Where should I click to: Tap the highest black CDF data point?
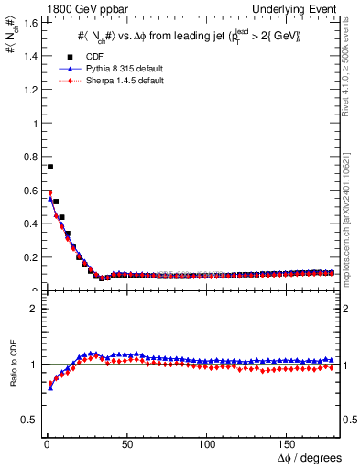click(50, 167)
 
